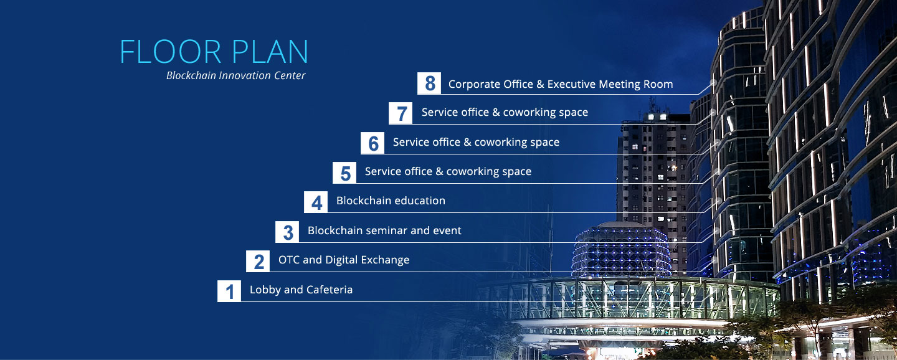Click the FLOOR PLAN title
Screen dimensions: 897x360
(214, 52)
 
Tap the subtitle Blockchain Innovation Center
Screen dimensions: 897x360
(236, 76)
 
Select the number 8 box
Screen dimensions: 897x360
(429, 83)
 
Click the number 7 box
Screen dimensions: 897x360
(401, 113)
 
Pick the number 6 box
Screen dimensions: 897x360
(373, 143)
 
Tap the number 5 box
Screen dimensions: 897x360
(344, 173)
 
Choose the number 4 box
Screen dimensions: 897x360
(316, 202)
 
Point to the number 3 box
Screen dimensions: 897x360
(287, 232)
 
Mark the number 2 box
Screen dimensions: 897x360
(258, 262)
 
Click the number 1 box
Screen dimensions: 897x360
(229, 291)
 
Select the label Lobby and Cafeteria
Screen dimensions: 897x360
(301, 290)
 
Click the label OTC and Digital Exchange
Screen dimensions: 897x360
(344, 260)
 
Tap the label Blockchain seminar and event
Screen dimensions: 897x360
(384, 230)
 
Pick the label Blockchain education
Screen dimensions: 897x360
(391, 201)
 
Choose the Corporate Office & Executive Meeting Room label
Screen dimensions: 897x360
(561, 84)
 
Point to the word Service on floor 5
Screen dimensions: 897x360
(387, 171)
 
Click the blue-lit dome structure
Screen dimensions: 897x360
(622, 250)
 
